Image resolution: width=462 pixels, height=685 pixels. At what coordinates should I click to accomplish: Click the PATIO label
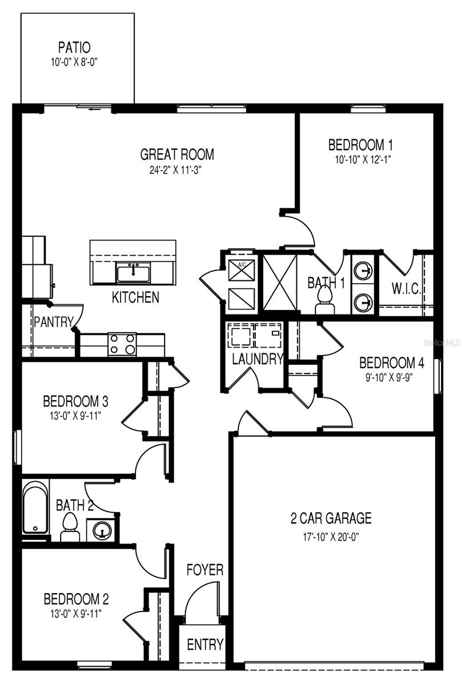click(x=74, y=46)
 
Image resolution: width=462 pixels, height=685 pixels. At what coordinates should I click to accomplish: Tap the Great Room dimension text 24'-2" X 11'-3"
click(x=177, y=170)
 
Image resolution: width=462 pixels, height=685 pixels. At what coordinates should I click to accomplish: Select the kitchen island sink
click(x=133, y=272)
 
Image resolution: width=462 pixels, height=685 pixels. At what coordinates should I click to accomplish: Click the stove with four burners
click(x=122, y=345)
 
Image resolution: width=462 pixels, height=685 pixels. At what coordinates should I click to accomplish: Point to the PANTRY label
click(x=53, y=322)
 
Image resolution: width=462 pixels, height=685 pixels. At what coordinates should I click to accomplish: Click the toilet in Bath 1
click(x=325, y=298)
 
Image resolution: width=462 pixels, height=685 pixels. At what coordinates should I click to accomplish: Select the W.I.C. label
click(x=407, y=288)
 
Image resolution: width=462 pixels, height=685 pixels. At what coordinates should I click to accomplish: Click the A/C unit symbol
click(x=240, y=269)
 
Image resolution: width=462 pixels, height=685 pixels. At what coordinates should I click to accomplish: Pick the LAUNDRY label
click(x=258, y=359)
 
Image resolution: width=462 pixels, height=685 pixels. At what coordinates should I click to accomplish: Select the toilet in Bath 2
click(x=70, y=526)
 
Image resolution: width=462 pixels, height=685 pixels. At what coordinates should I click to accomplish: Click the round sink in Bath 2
click(x=101, y=530)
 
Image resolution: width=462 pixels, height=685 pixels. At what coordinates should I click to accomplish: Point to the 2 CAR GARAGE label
click(x=331, y=518)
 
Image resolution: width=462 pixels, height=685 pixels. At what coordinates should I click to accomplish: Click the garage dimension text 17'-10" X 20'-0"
click(x=331, y=536)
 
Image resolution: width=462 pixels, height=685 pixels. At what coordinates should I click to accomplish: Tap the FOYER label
click(x=204, y=570)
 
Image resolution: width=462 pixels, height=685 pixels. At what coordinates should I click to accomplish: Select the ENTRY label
click(x=205, y=644)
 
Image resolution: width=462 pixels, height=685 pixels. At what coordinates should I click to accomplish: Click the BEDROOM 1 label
click(x=360, y=144)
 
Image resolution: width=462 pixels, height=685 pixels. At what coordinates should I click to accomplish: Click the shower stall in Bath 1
click(x=280, y=283)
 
